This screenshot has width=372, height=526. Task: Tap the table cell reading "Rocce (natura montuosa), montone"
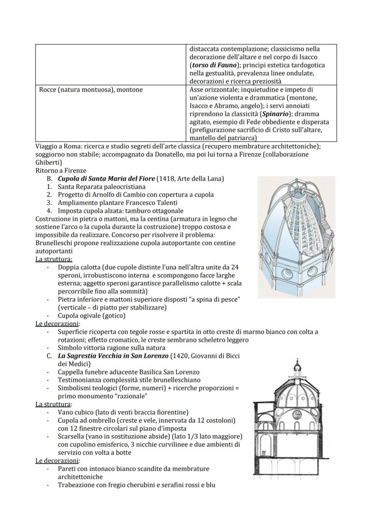[91, 90]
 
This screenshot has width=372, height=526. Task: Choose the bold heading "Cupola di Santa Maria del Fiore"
[106, 179]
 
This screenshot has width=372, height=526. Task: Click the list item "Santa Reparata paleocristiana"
[102, 187]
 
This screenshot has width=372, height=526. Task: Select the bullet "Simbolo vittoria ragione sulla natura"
[111, 348]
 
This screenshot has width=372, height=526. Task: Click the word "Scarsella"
[72, 436]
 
